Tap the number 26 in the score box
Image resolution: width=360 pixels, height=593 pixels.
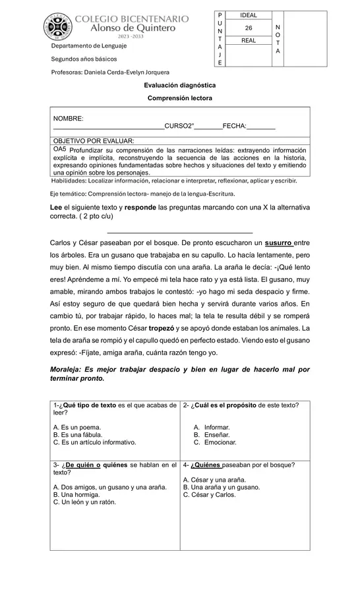tap(249, 28)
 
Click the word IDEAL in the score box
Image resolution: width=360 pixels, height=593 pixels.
tap(249, 15)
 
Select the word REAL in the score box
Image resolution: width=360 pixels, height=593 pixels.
tap(249, 41)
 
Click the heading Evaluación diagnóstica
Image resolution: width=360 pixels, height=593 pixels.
tap(180, 85)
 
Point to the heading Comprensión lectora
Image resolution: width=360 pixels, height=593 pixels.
tap(180, 98)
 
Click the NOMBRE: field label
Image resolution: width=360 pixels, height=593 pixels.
tap(69, 119)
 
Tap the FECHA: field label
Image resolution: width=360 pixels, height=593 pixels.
tap(235, 126)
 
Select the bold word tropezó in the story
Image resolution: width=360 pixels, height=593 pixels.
tap(166, 327)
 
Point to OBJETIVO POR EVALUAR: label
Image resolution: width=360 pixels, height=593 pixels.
tap(94, 140)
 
